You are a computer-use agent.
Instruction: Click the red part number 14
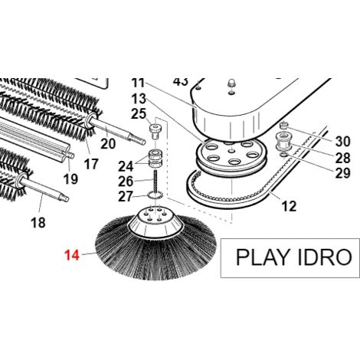pyautogui.click(x=72, y=255)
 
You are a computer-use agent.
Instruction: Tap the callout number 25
pyautogui.click(x=139, y=114)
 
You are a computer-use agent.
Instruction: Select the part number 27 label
pyautogui.click(x=126, y=197)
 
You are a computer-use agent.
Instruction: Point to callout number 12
pyautogui.click(x=289, y=206)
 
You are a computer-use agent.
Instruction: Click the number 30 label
pyautogui.click(x=342, y=141)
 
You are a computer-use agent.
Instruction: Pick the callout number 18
pyautogui.click(x=38, y=222)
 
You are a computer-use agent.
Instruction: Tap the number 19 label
pyautogui.click(x=70, y=179)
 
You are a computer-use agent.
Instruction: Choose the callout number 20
pyautogui.click(x=108, y=144)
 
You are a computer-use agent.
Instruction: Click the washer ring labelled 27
pyautogui.click(x=155, y=195)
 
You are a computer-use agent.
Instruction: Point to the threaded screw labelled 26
pyautogui.click(x=155, y=182)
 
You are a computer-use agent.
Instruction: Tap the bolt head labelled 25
pyautogui.click(x=155, y=131)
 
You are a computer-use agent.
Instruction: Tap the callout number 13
pyautogui.click(x=139, y=99)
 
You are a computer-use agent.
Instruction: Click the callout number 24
pyautogui.click(x=126, y=166)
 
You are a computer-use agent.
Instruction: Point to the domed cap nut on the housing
pyautogui.click(x=231, y=83)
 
